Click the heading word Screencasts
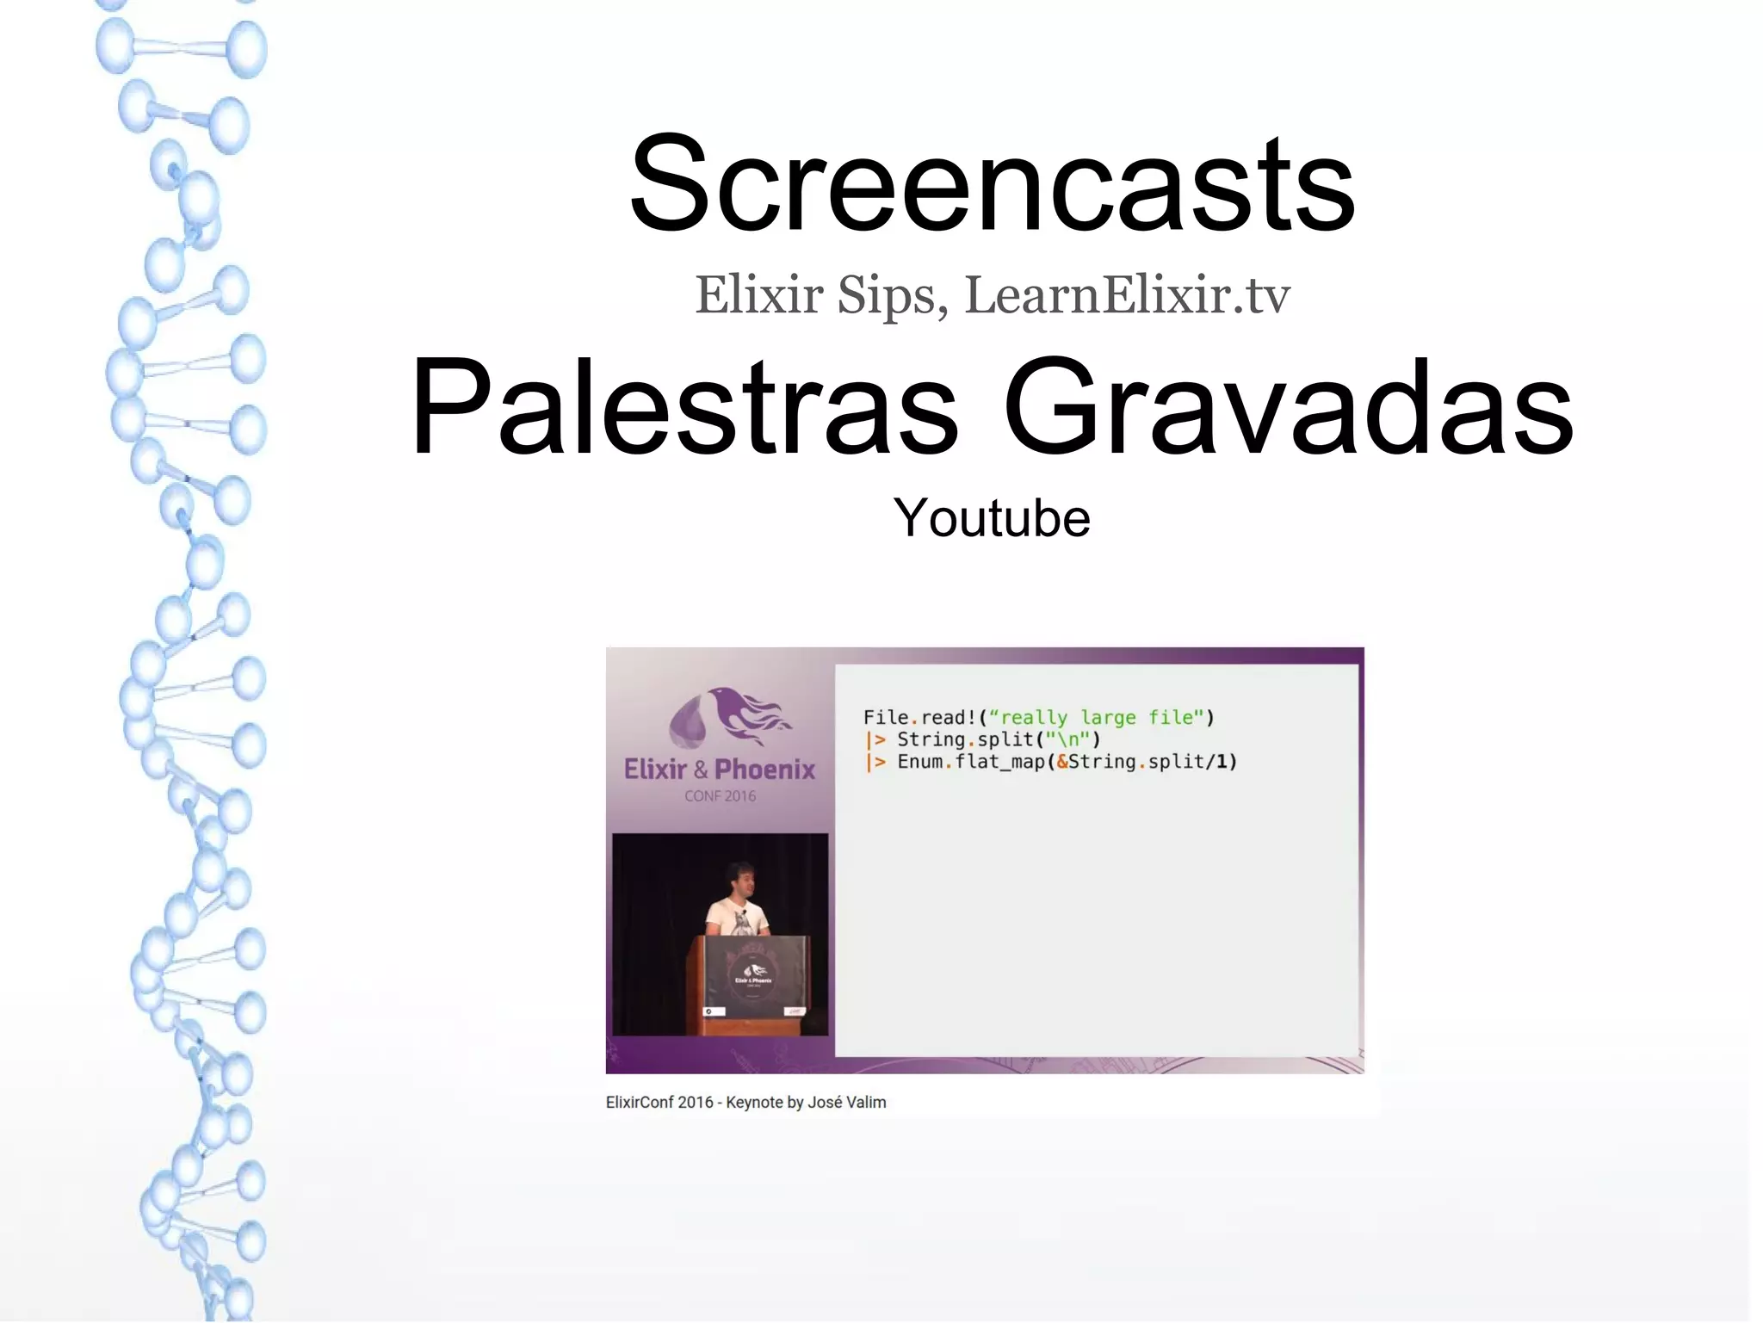tap(992, 185)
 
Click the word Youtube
tap(992, 518)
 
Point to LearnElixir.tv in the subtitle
tap(1128, 295)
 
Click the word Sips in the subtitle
tap(893, 295)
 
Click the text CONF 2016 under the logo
tap(720, 796)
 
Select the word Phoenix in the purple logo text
tap(764, 770)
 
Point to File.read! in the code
tap(919, 718)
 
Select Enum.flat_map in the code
tap(968, 762)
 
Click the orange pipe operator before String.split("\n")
tap(875, 740)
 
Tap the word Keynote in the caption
tap(753, 1103)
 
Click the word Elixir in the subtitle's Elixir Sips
tap(759, 295)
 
